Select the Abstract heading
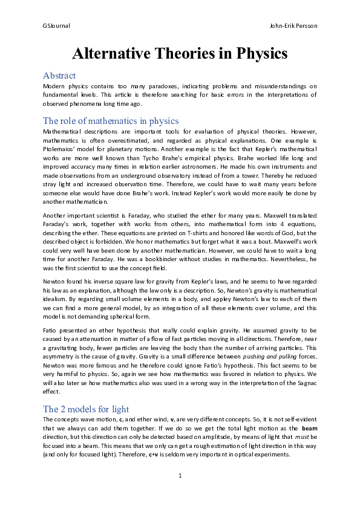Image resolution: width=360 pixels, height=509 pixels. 59,76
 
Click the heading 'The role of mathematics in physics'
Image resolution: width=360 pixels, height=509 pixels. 111,120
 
